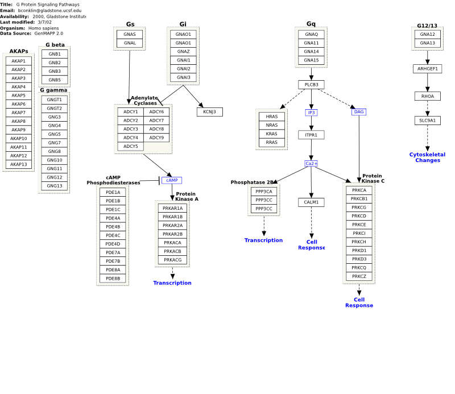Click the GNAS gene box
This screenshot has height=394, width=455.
tap(130, 34)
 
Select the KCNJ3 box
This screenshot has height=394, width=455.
tap(210, 112)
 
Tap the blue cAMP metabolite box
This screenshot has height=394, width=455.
tap(172, 180)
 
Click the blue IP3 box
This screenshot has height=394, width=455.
tap(311, 113)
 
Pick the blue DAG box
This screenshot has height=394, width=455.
tap(359, 112)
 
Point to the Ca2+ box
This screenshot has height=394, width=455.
tap(311, 164)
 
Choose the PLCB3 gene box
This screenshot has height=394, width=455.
tap(311, 85)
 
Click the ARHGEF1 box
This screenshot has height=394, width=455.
tap(428, 69)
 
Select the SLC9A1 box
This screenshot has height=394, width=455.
tap(428, 121)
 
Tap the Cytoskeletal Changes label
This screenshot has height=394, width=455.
tap(428, 157)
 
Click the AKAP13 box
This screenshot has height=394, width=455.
tap(19, 164)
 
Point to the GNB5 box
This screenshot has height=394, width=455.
tap(55, 80)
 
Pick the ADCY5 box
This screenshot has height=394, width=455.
tap(131, 146)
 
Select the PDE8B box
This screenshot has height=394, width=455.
tap(113, 279)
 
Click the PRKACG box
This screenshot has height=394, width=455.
tap(173, 260)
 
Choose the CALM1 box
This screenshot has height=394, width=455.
tap(311, 202)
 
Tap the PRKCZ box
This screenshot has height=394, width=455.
tap(359, 276)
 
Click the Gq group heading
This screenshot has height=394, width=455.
tap(311, 24)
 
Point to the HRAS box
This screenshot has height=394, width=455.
tap(272, 117)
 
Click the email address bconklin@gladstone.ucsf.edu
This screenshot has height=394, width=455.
tap(49, 10)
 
